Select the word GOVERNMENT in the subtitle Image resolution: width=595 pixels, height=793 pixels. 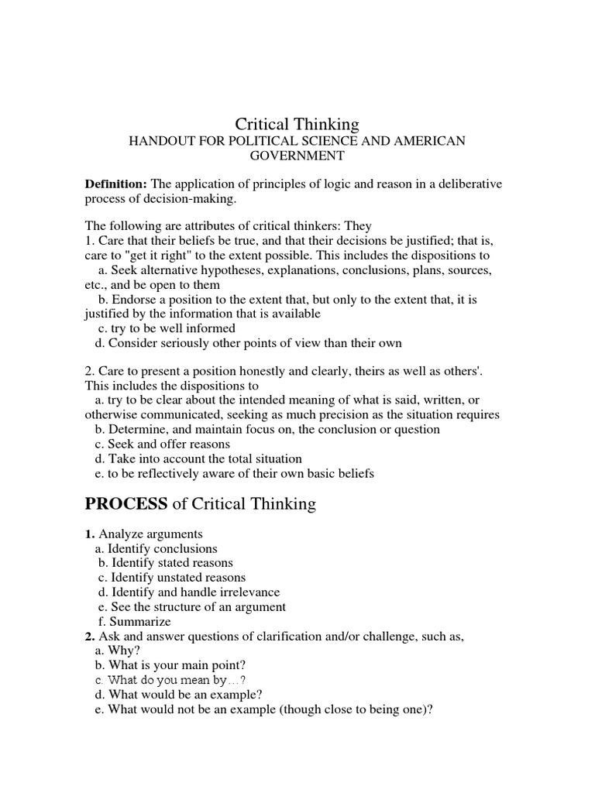coord(297,155)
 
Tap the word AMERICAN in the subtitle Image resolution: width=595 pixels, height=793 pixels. coord(431,140)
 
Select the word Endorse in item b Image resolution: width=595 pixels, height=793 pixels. coord(133,299)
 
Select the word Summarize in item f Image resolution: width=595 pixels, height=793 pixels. coord(140,621)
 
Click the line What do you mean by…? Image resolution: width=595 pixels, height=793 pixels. coord(177,680)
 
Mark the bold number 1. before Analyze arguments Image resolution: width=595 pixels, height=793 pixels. coord(90,534)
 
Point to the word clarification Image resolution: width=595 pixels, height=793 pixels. coord(293,636)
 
